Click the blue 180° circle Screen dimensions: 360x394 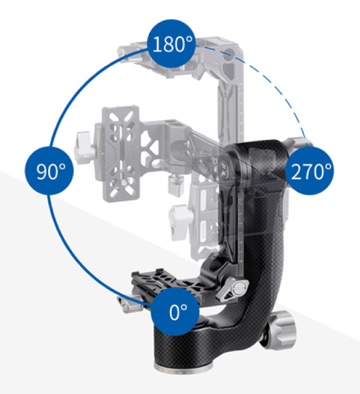pos(171,44)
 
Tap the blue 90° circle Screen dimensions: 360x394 pos(49,171)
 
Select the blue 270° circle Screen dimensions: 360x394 pos(310,171)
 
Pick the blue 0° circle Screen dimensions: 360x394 pos(175,312)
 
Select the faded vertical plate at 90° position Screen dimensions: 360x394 pos(121,154)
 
